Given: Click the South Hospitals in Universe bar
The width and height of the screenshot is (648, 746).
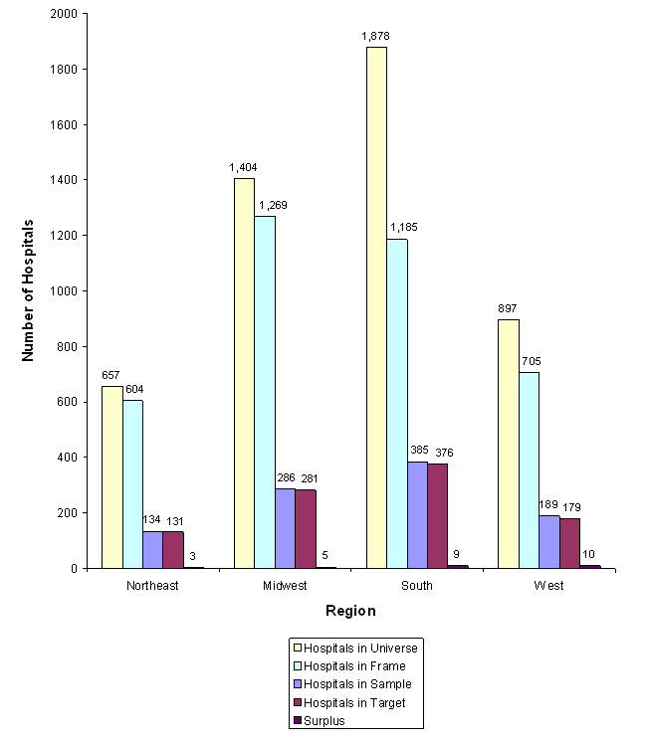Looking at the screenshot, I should coord(376,307).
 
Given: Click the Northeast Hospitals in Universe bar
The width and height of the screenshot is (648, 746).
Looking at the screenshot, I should coord(111,476).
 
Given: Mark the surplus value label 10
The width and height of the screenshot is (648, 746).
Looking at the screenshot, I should coord(590,554).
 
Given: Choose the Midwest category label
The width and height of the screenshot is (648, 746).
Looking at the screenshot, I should coord(285,586).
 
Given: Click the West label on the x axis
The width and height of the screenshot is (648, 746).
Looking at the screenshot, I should coord(548,586).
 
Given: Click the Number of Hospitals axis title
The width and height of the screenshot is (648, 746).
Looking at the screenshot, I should coord(29,290).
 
